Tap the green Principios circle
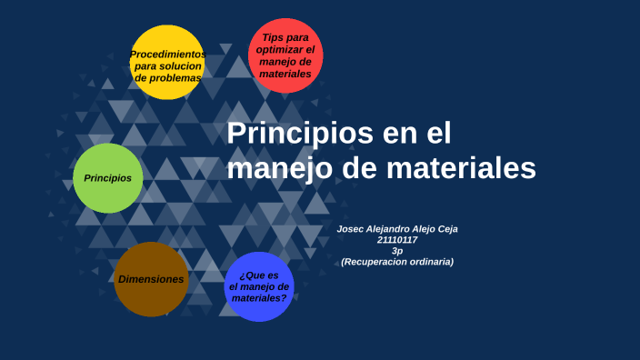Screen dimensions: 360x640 pos(107,178)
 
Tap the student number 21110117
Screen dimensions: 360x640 pos(397,240)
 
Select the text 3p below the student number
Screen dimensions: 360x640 pos(397,251)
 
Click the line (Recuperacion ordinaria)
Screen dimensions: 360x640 pos(397,262)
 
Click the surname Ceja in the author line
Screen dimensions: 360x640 pos(445,229)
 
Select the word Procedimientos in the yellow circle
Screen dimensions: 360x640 pos(167,55)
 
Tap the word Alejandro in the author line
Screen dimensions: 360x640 pos(389,229)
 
